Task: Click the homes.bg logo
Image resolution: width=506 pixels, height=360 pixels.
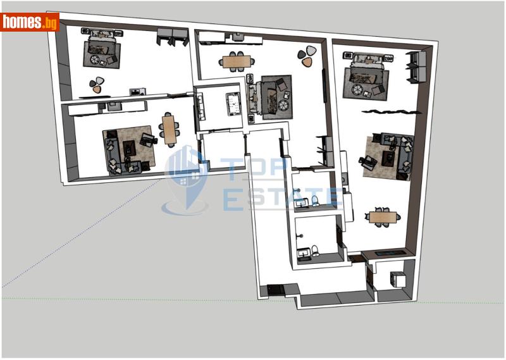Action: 30,22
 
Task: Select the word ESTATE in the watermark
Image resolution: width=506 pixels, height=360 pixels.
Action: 282,198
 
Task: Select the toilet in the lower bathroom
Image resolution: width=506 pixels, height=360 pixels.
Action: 314,250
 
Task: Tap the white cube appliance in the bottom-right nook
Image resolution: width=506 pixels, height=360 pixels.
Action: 398,280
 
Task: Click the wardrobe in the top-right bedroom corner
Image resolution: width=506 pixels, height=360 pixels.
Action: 415,66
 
